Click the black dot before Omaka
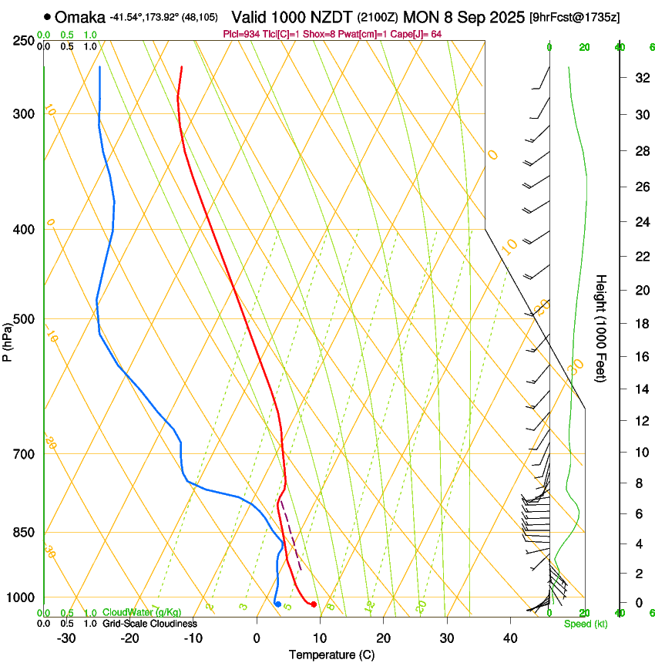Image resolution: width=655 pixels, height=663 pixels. coord(48,16)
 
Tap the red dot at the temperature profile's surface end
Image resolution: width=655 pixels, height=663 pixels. coord(314,604)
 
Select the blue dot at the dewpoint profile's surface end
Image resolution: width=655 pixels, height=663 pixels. coord(277,604)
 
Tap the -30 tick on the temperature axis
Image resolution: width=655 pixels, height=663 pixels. coord(66,638)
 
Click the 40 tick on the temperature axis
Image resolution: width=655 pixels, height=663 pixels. coord(509,638)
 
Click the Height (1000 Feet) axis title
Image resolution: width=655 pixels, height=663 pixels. coord(602,328)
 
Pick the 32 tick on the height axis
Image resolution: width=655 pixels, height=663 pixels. coord(640,78)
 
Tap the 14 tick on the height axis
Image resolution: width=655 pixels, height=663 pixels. coord(640,389)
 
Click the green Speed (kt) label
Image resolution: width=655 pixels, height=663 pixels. coord(585,624)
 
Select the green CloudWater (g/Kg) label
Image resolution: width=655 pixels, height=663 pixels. coord(143,613)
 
